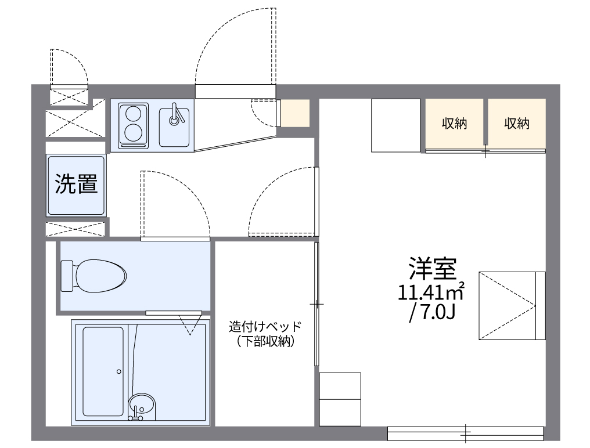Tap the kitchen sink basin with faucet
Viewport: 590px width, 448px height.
(x=175, y=124)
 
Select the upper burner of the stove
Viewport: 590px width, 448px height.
(x=134, y=112)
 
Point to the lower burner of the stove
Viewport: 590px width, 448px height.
(x=134, y=132)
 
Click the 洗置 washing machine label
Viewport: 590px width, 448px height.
(x=76, y=185)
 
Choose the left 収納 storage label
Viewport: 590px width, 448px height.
(x=454, y=124)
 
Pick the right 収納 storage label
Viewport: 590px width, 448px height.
(x=516, y=124)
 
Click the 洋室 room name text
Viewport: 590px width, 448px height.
(x=433, y=269)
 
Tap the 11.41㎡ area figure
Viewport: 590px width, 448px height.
(x=431, y=292)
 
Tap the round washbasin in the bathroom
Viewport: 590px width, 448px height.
(x=142, y=403)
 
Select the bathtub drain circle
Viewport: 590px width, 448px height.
(x=118, y=371)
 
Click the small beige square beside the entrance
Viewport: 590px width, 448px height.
(x=296, y=113)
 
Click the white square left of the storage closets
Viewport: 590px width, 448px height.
(x=395, y=125)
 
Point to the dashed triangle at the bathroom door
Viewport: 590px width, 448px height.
(x=189, y=325)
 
